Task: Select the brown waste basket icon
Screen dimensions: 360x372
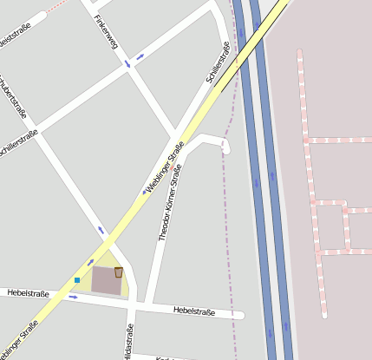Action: point(118,272)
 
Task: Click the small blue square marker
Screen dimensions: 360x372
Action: point(77,279)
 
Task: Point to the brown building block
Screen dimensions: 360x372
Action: point(107,280)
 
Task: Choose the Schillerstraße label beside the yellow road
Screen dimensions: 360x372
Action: point(218,64)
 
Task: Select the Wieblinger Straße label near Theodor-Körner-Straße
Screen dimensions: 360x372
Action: point(164,167)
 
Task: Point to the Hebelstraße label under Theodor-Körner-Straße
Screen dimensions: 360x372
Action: point(194,310)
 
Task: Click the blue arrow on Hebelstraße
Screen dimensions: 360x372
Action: point(73,298)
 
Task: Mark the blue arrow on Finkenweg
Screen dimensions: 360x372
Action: point(127,63)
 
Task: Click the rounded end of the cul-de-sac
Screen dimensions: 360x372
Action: point(226,149)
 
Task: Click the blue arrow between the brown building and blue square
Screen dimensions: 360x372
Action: point(89,262)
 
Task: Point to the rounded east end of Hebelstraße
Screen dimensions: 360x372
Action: point(240,315)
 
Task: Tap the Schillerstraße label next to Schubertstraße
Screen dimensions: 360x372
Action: point(19,141)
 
